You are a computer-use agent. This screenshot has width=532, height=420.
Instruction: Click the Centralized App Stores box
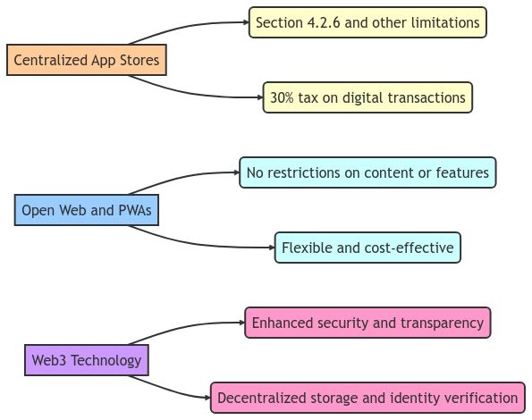coord(87,61)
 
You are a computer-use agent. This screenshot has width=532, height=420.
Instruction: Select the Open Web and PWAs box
coord(87,211)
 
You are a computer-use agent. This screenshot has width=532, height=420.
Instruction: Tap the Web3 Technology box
coord(87,361)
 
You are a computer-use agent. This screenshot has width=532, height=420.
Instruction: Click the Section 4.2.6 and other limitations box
coord(367,22)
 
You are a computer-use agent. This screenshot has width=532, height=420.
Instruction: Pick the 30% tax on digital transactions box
coord(367,97)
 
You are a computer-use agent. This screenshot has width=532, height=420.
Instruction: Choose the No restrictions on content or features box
coord(367,172)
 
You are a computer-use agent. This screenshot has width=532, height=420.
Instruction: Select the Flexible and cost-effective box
coord(367,248)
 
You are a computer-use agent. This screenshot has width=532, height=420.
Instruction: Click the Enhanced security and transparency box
coord(367,323)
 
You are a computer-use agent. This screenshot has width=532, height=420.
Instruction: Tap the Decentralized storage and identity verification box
coord(367,398)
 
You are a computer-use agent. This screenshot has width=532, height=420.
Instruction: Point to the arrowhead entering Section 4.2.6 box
coord(244,22)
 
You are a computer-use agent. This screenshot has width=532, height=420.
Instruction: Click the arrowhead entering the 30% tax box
coord(258,97)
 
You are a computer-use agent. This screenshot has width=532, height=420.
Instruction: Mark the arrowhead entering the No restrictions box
coord(235,172)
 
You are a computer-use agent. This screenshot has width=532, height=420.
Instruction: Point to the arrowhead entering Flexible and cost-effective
coord(270,248)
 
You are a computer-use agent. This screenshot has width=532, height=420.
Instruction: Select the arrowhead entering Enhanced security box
coord(241,323)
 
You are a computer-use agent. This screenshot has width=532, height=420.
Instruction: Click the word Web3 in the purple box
coord(50,361)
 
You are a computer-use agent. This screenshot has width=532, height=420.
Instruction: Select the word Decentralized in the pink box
coord(261,398)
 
